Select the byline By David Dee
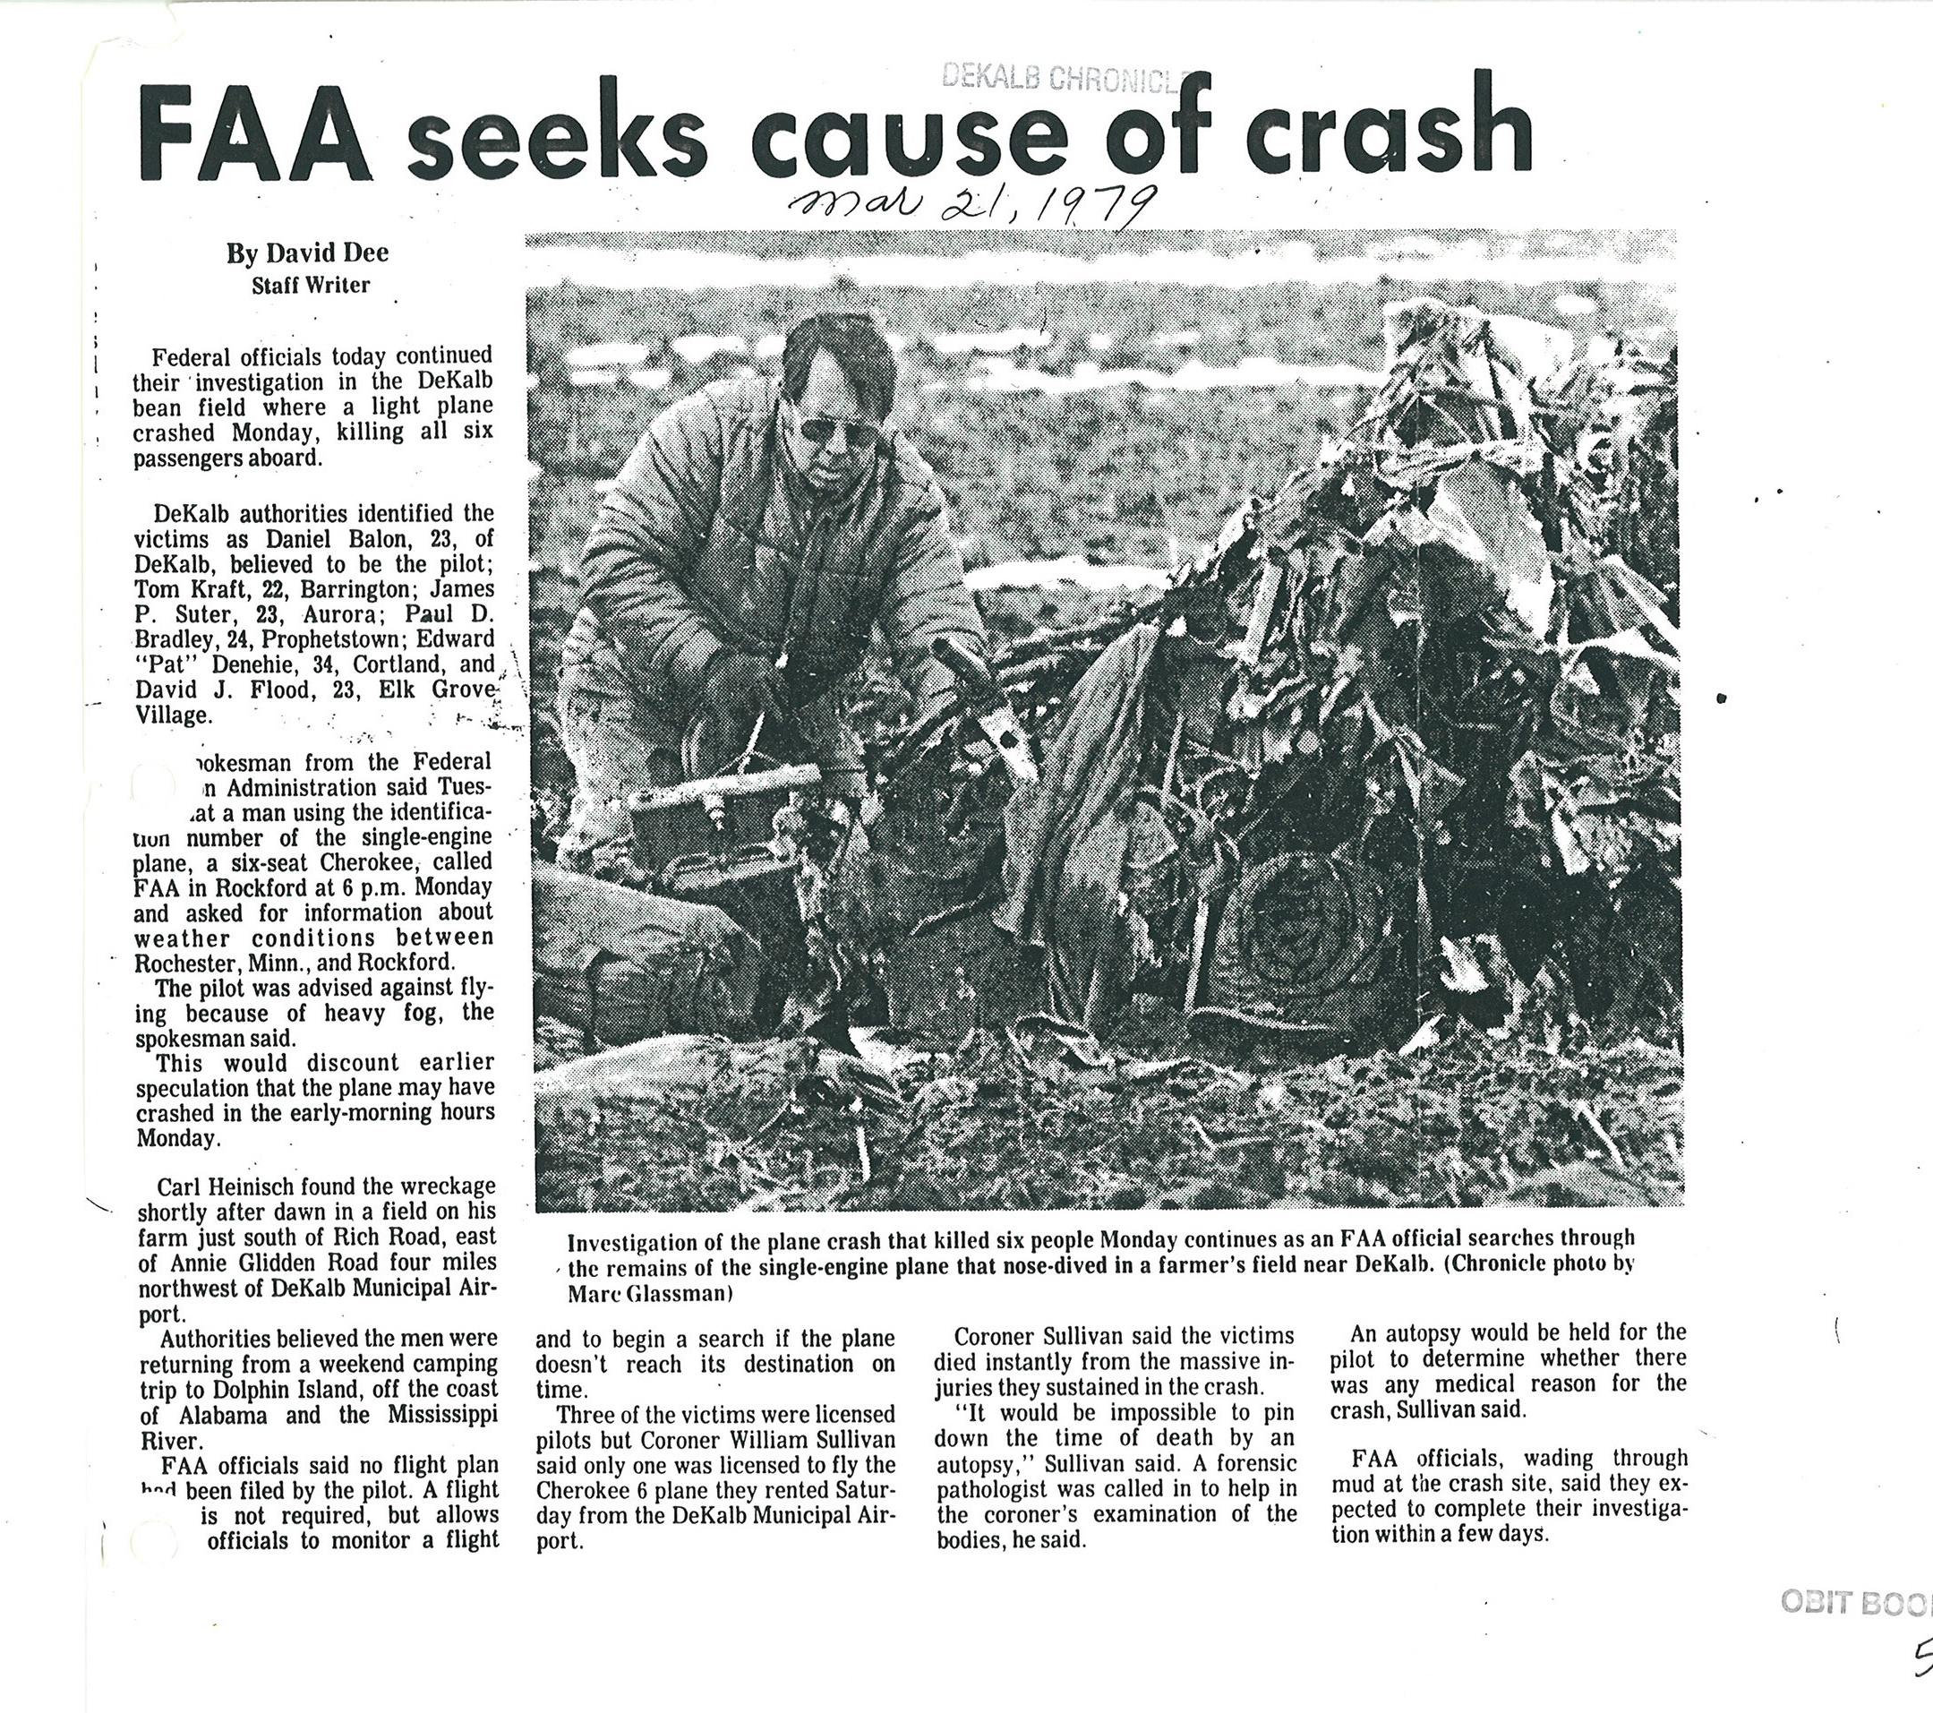(x=307, y=253)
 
